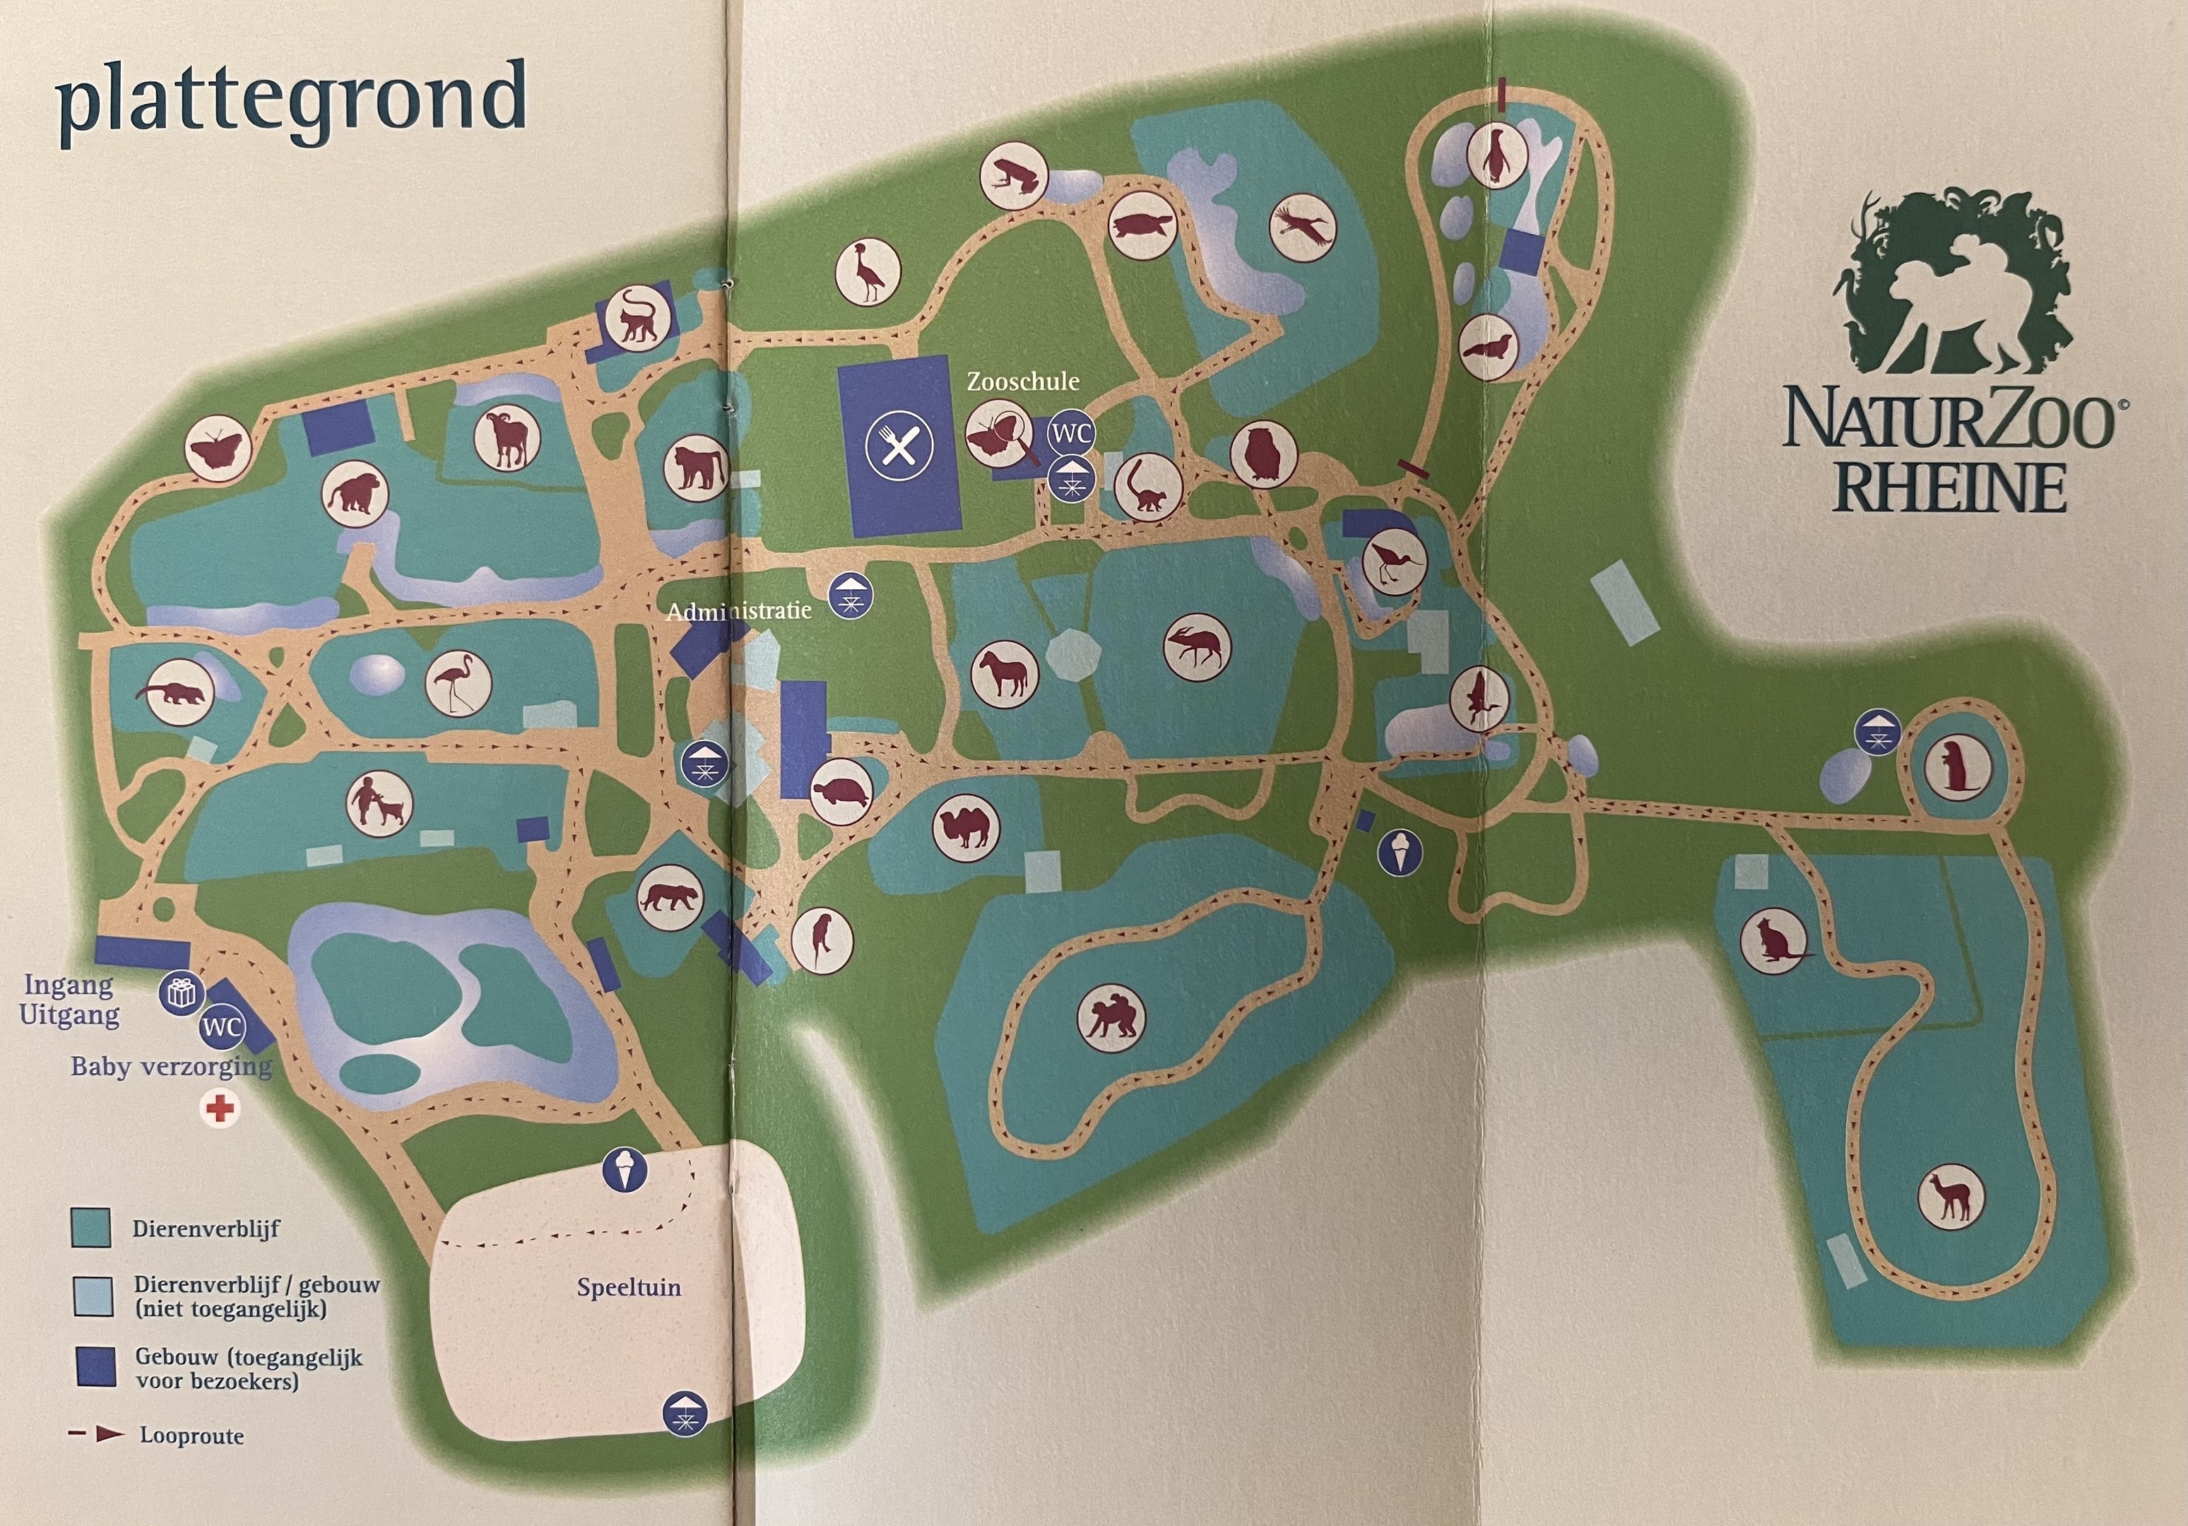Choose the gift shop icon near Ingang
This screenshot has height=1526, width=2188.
tap(180, 993)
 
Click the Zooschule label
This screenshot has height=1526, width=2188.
tap(1022, 382)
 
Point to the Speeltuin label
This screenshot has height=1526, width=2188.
tap(628, 1288)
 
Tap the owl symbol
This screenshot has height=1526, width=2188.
tap(1264, 452)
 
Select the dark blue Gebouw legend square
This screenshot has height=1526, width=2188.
tap(93, 1368)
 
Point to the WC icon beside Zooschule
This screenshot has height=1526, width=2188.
tap(1071, 434)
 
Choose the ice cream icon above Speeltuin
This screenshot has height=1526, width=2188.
tap(625, 1169)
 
